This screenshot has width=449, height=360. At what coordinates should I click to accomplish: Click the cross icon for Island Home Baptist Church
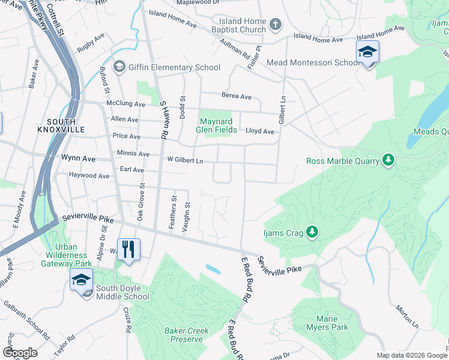click(275, 25)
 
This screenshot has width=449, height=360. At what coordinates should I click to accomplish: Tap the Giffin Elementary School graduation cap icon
click(119, 67)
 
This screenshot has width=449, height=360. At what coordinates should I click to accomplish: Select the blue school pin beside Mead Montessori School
click(367, 53)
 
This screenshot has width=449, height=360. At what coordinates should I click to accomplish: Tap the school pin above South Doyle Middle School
click(81, 280)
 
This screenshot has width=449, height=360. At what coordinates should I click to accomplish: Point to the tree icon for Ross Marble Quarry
click(388, 160)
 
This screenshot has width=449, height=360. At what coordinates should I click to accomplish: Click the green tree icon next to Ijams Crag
click(312, 231)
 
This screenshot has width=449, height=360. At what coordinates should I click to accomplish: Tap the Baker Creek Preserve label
click(187, 335)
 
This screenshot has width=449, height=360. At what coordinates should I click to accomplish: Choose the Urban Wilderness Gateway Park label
click(73, 255)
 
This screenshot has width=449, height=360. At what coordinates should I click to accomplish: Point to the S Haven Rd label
click(162, 120)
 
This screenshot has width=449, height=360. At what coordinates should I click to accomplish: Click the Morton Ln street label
click(406, 316)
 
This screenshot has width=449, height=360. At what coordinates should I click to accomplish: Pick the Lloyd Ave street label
click(261, 131)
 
